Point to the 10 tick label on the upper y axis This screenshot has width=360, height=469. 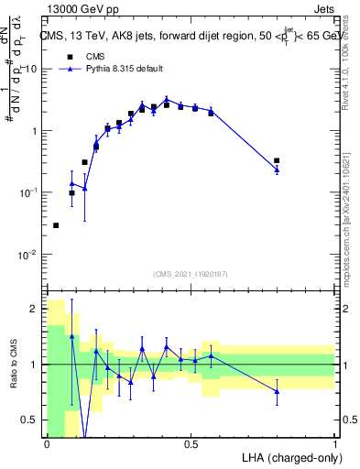pyautogui.click(x=30, y=69)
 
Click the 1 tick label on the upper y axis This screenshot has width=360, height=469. pyautogui.click(x=34, y=131)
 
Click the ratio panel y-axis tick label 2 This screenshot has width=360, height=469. pyautogui.click(x=35, y=309)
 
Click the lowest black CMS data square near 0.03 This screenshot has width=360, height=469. pyautogui.click(x=56, y=225)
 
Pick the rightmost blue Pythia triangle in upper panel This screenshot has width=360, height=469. pyautogui.click(x=277, y=169)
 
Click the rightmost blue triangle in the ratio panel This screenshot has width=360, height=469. pyautogui.click(x=277, y=391)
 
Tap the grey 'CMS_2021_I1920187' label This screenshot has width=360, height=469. pyautogui.click(x=190, y=274)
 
